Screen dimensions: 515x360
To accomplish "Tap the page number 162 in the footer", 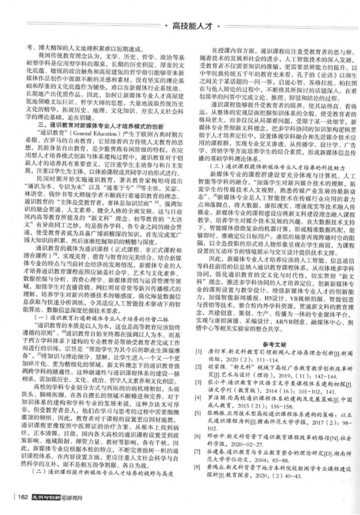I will pos(24,496).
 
